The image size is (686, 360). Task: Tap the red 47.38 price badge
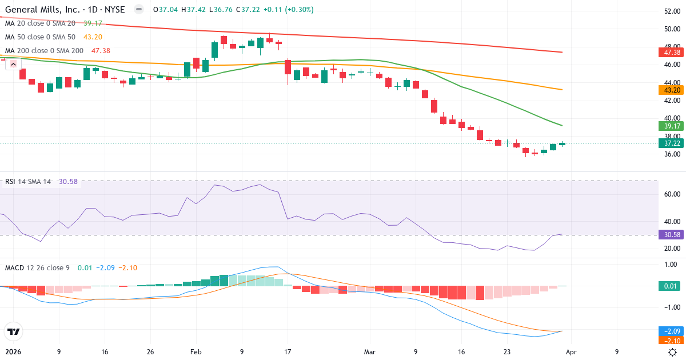(670, 52)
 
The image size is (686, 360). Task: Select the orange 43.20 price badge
(670, 90)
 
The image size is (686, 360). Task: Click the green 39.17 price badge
(670, 126)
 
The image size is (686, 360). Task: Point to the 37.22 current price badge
(670, 143)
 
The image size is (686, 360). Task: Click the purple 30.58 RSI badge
(670, 235)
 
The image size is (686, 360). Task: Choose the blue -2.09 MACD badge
(670, 331)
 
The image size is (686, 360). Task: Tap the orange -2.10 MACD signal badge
(670, 340)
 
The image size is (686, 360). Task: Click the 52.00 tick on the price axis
(671, 11)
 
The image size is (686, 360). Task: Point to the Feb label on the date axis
(196, 352)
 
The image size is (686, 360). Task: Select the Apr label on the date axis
(572, 352)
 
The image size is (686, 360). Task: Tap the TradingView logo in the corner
(13, 331)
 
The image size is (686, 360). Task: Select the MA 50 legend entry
(39, 37)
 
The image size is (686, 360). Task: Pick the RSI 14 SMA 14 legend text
(27, 182)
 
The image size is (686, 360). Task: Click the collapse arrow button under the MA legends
(11, 65)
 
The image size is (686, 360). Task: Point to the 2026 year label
(13, 352)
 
